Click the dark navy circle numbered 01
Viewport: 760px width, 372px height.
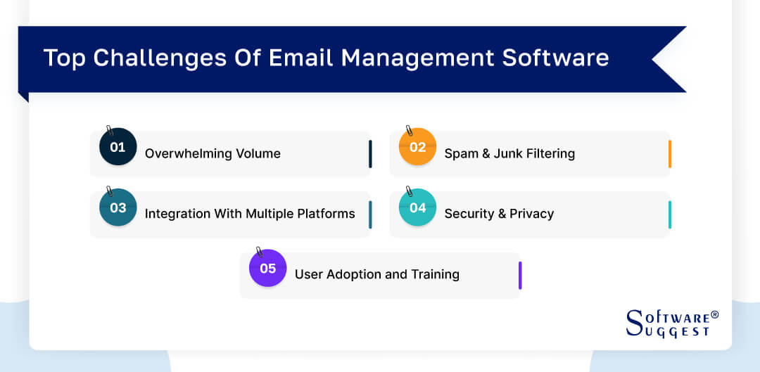[x=118, y=147]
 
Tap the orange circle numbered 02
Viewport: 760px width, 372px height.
[x=417, y=147]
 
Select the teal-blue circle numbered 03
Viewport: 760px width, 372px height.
[x=118, y=207]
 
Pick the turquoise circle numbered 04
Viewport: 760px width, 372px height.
[x=417, y=207]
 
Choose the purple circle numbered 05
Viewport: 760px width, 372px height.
[x=267, y=268]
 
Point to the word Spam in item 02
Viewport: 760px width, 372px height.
[x=460, y=153]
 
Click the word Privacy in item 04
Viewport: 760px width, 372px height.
[x=531, y=214]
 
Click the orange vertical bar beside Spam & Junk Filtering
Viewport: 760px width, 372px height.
[x=669, y=154]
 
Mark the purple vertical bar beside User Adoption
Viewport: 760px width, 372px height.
[x=519, y=275]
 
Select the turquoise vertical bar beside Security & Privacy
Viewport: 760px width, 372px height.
[x=669, y=214]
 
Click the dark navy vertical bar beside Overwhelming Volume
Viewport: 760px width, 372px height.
[x=369, y=154]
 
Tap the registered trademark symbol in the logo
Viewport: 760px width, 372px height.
[x=714, y=315]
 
